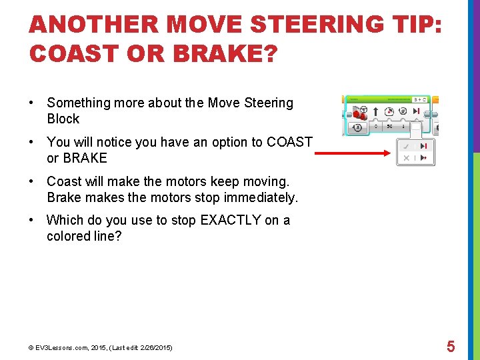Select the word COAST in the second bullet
click(x=289, y=142)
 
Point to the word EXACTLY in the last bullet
click(x=225, y=220)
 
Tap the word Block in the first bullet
click(x=63, y=119)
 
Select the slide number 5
click(x=451, y=347)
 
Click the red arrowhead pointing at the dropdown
click(x=385, y=153)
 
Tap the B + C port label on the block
click(x=421, y=99)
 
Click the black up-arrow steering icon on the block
click(x=375, y=111)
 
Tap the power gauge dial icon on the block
click(x=389, y=111)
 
